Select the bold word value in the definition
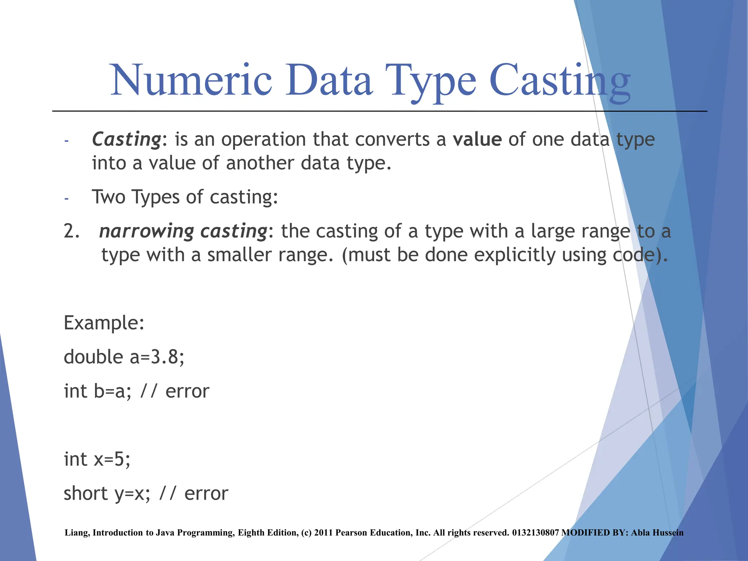click(477, 140)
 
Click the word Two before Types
click(108, 197)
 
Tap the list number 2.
click(72, 231)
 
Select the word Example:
click(104, 323)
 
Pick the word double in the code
click(93, 357)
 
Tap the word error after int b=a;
click(187, 391)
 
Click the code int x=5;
click(97, 459)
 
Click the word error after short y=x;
click(206, 493)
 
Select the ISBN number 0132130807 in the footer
click(535, 533)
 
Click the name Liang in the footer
click(76, 533)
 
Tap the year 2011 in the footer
click(323, 533)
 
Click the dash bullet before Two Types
click(66, 199)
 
